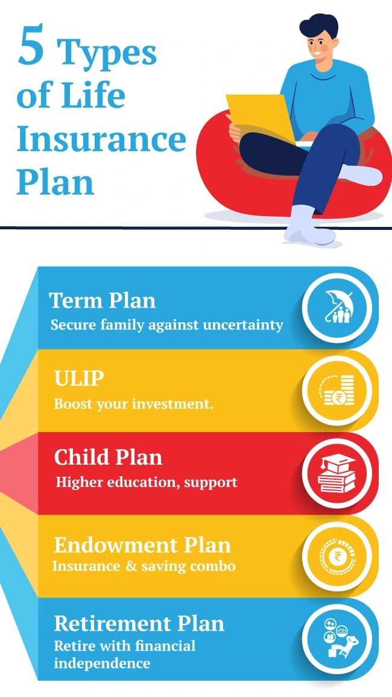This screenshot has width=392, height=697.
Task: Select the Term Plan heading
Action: point(102,300)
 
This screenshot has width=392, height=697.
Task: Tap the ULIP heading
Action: point(79,379)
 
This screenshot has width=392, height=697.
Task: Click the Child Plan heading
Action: point(108,457)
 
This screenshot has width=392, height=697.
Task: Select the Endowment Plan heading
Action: point(142,545)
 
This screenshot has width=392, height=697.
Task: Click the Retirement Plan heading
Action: point(139,623)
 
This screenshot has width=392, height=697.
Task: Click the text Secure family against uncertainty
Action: point(166,325)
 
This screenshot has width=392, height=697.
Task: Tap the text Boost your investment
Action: point(133,404)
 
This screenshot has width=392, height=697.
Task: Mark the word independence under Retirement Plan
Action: point(102,663)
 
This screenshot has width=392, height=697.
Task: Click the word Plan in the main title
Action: point(55,181)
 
